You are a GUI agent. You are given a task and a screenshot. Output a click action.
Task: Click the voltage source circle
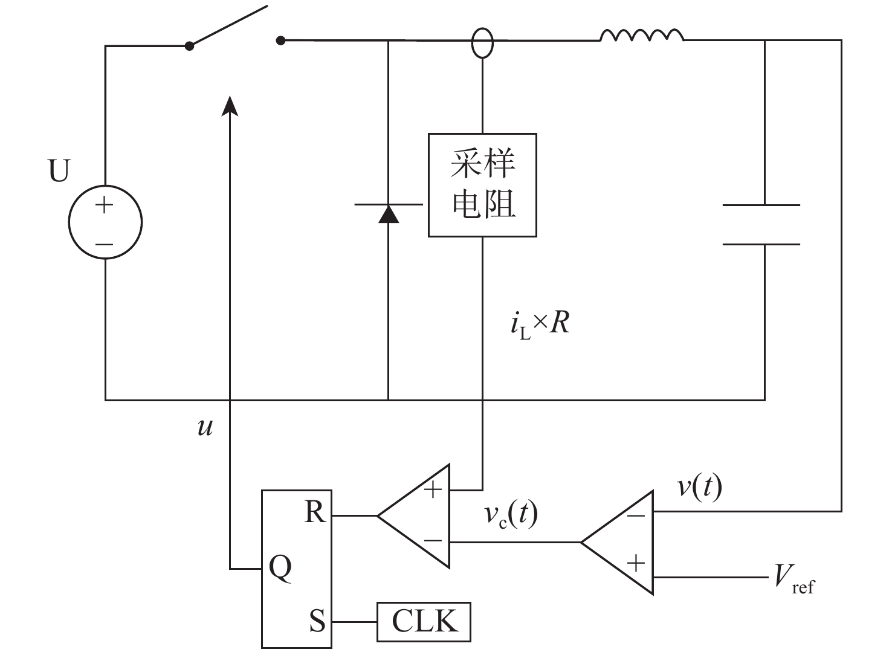[69, 222]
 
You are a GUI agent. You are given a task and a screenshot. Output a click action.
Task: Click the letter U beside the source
[59, 170]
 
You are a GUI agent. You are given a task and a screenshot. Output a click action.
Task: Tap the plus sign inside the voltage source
[105, 205]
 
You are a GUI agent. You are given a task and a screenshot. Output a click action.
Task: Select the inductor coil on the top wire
[642, 35]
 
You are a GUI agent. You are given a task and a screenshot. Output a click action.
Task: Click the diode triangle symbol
[388, 214]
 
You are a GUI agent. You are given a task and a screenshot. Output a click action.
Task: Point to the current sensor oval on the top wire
[472, 43]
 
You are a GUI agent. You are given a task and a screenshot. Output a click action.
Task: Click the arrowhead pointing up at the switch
[230, 106]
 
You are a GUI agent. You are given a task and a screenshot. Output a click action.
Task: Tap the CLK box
[424, 622]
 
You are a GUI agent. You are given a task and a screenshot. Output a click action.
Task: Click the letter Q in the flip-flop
[280, 568]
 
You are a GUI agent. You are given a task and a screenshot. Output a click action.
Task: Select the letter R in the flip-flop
[315, 511]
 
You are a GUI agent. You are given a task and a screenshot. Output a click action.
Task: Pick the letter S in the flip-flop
[317, 621]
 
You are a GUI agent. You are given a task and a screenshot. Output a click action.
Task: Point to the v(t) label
[699, 487]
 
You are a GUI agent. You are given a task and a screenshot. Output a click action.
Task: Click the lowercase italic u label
[205, 428]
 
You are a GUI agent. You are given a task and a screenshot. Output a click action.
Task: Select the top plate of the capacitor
[761, 205]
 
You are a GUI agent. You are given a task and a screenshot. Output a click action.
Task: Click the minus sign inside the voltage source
[105, 244]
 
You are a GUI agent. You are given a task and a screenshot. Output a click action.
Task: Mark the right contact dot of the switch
[280, 40]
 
